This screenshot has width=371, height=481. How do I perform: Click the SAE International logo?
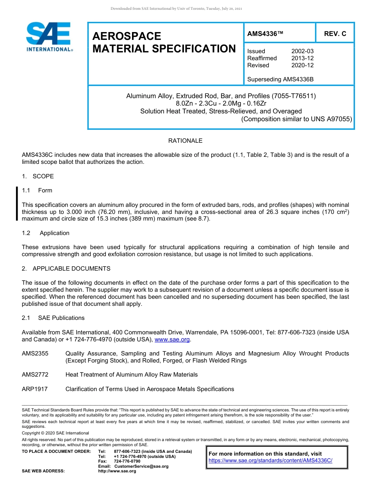[x=48, y=36]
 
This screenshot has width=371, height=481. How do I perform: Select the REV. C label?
[x=335, y=34]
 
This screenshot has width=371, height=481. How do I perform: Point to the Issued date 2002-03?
[x=302, y=51]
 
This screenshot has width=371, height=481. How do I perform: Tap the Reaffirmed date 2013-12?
[x=302, y=58]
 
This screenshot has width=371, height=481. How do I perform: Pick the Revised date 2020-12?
[x=302, y=65]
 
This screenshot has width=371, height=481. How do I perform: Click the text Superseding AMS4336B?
[x=280, y=79]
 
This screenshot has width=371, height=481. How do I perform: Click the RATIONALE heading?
[x=185, y=141]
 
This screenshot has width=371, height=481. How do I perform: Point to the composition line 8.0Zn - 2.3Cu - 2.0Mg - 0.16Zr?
[x=221, y=104]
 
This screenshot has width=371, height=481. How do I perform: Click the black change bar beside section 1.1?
[x=17, y=204]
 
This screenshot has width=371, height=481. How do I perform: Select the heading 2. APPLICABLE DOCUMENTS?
[x=66, y=269]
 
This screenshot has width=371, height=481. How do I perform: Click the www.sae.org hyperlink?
[x=172, y=339]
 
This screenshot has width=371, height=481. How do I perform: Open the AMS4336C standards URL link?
[x=270, y=461]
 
